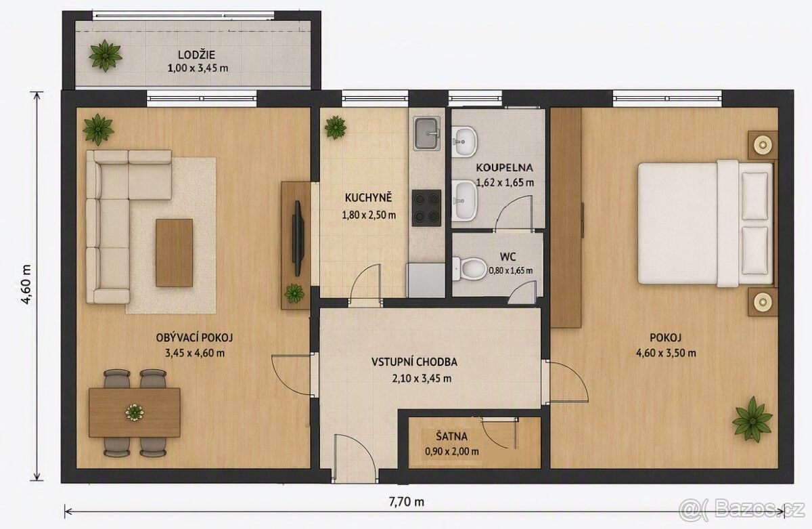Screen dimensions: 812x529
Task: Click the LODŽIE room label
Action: tap(196, 55)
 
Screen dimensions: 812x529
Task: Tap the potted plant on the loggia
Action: tap(106, 56)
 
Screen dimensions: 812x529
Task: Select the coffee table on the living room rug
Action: tap(174, 253)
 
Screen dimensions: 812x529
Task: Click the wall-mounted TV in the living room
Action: tap(298, 238)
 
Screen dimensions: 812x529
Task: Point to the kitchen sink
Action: tap(427, 133)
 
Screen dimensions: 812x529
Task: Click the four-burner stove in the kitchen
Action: tap(427, 206)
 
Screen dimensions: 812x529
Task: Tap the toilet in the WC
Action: tap(470, 269)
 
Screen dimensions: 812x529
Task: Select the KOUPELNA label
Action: tap(504, 167)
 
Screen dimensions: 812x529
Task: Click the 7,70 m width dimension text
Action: tap(407, 502)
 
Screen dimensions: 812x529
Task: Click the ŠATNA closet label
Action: tap(452, 436)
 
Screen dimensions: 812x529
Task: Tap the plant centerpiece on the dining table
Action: tap(135, 412)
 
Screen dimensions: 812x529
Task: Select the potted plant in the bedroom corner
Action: tap(752, 419)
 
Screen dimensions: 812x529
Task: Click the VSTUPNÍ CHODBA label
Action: tap(414, 362)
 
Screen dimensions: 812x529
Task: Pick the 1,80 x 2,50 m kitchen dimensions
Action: tap(369, 215)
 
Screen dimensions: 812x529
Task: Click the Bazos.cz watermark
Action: tap(742, 510)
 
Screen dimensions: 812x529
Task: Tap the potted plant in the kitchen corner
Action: tap(336, 127)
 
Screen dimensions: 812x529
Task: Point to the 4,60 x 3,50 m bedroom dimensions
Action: tap(667, 353)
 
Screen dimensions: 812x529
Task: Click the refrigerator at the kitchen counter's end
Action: tap(426, 280)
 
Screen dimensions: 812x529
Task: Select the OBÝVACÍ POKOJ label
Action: tap(194, 338)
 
